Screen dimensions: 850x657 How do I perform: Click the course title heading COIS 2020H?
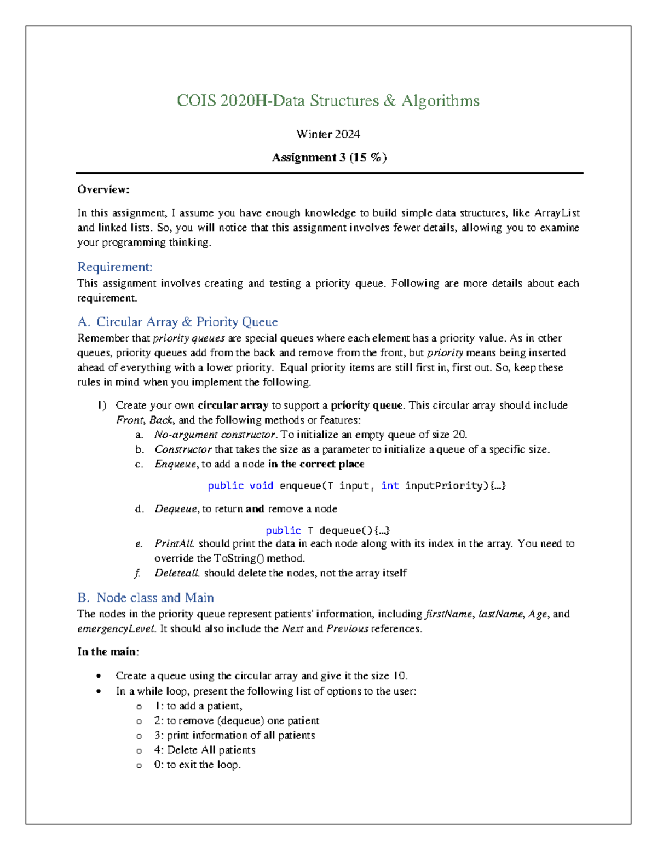click(328, 101)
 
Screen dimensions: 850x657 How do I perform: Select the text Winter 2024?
click(328, 134)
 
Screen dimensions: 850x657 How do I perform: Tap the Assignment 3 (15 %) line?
click(329, 158)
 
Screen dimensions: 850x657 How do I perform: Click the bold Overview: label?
click(103, 189)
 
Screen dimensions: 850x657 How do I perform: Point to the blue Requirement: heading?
click(114, 267)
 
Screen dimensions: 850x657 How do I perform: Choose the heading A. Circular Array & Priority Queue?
click(177, 322)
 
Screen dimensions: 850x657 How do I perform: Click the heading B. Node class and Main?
click(146, 598)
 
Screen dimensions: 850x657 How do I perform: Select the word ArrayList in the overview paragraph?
click(557, 213)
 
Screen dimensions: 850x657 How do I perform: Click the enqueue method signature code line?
click(356, 485)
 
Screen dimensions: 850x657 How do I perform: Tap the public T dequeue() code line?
click(327, 530)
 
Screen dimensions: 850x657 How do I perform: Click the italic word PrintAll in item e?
click(174, 543)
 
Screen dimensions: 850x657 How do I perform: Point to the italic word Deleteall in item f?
click(177, 573)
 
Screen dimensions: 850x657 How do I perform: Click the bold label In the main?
click(108, 651)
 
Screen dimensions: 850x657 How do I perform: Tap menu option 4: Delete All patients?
click(205, 750)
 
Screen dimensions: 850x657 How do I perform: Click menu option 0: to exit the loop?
click(197, 765)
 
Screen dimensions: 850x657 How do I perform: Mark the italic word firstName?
click(448, 614)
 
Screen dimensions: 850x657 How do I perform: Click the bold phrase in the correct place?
click(316, 464)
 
